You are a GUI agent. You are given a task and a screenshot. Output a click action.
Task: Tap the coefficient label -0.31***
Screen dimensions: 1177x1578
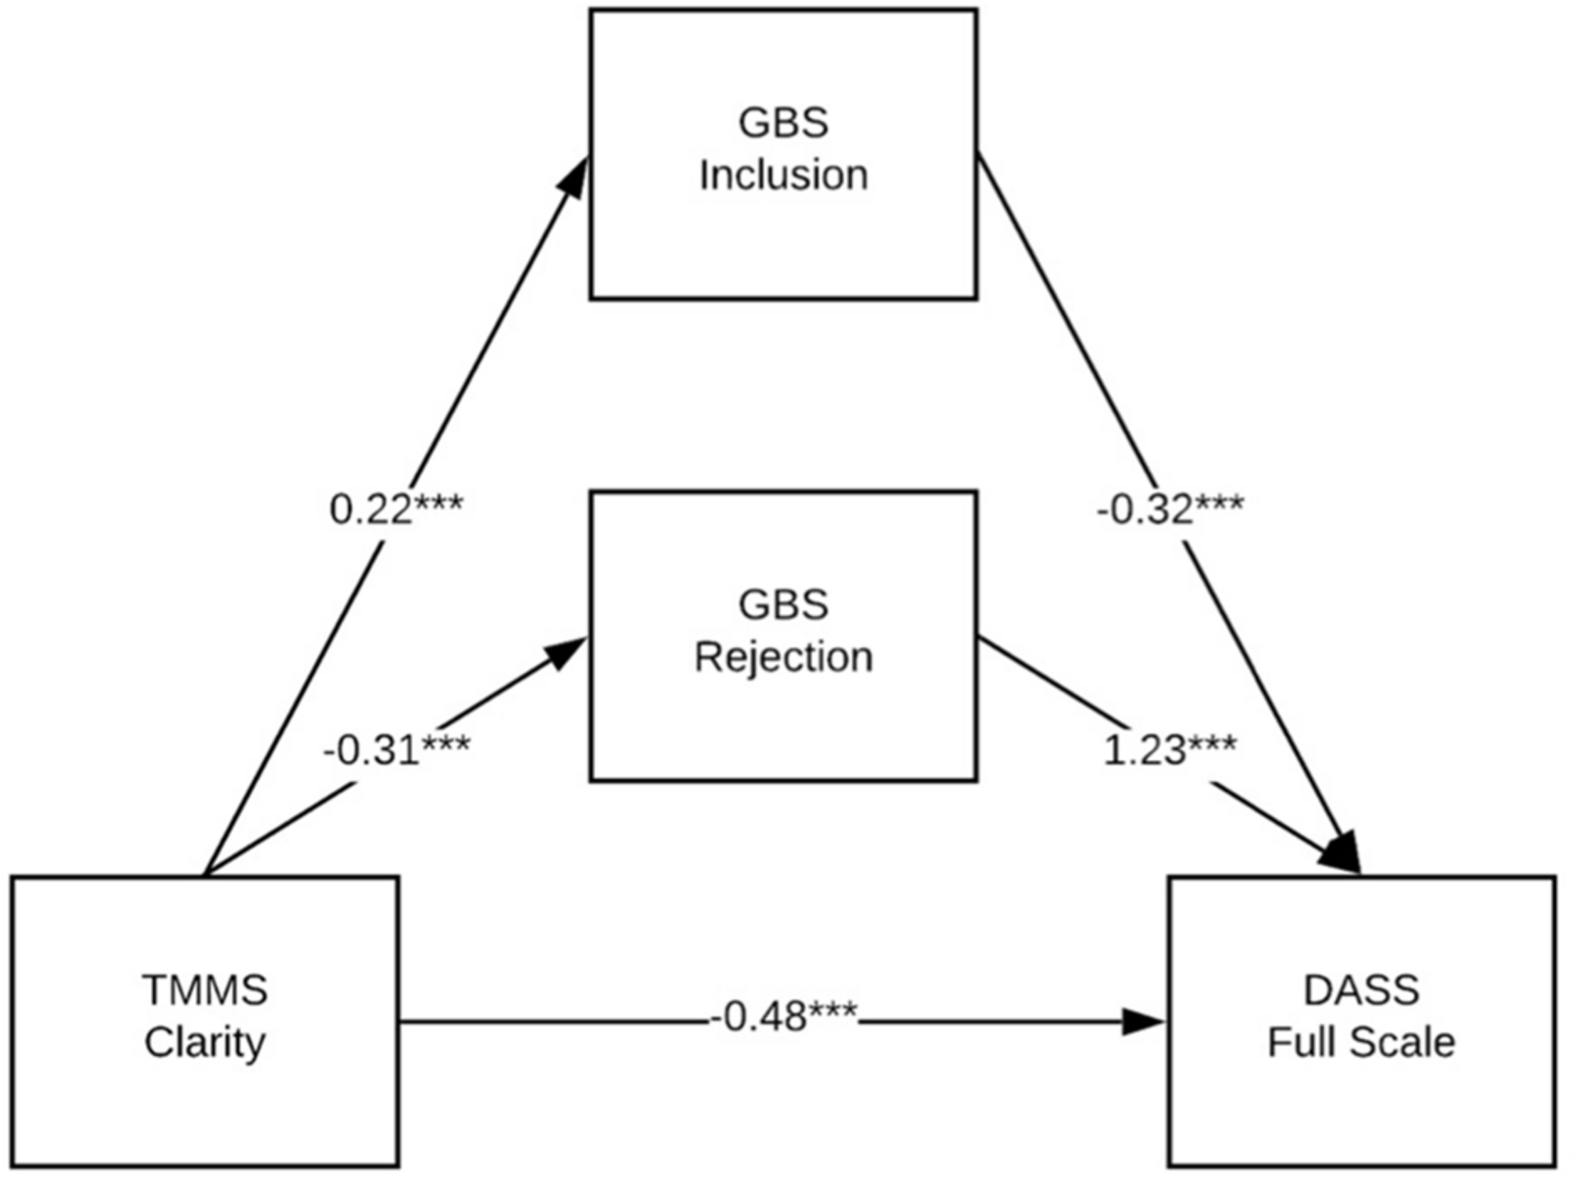396,750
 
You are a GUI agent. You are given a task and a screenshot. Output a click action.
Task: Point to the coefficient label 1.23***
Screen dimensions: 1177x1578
1169,750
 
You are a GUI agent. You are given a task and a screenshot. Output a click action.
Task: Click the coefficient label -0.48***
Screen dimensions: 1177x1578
782,1016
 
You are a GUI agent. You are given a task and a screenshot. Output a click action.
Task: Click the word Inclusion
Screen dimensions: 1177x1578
783,175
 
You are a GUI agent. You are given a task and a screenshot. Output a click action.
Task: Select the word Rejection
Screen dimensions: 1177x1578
783,657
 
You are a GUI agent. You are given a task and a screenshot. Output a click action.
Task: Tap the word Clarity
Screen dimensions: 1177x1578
205,1043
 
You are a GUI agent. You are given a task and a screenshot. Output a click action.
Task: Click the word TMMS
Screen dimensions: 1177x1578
205,990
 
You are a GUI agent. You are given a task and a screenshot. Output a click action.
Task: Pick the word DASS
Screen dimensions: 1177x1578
1362,990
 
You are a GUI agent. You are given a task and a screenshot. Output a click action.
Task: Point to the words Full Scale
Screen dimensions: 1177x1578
1362,1043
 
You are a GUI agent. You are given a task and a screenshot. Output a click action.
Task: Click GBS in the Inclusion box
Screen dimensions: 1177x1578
783,122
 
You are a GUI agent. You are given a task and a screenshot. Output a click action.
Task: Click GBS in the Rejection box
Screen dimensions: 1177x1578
783,605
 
